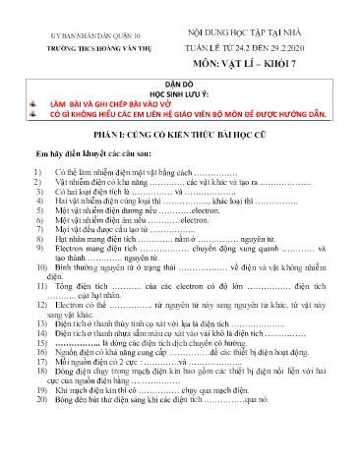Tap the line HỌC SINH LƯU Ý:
(180, 95)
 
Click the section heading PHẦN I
(180, 134)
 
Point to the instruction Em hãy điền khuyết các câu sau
(83, 155)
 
